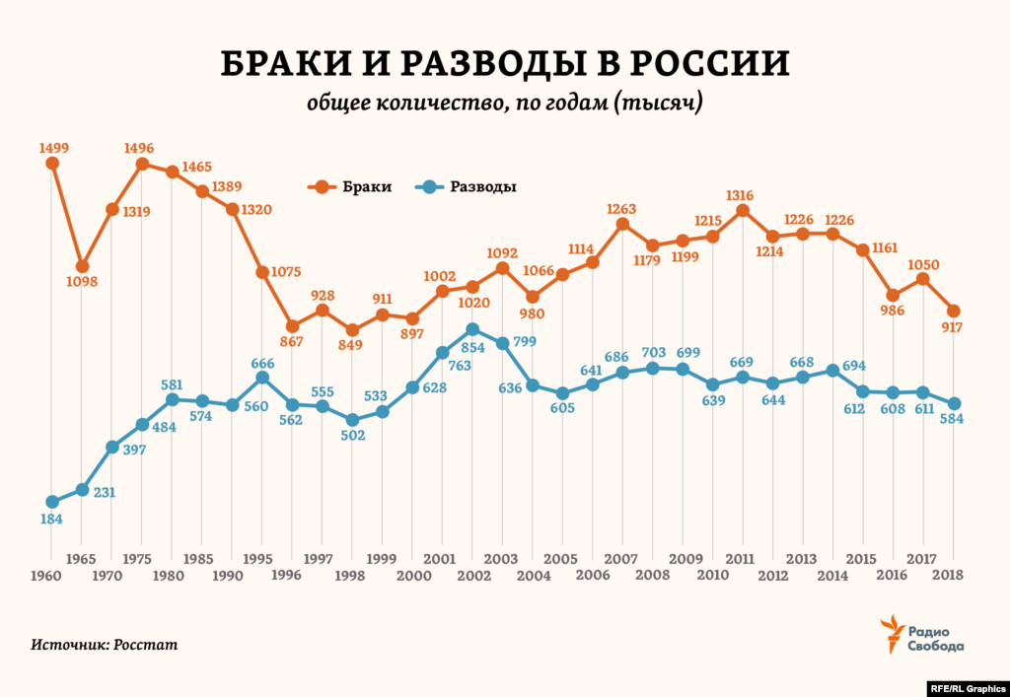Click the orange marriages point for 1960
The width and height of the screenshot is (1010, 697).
[52, 163]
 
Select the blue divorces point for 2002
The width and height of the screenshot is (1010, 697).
[472, 329]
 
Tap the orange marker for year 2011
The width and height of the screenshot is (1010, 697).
[743, 210]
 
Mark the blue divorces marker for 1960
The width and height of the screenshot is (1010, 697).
[52, 502]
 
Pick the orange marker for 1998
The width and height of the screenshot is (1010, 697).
[352, 329]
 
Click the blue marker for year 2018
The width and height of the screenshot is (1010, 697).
[954, 403]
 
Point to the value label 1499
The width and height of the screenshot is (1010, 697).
[54, 148]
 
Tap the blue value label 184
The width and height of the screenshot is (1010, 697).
[53, 519]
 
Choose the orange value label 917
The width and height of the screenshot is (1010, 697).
[951, 328]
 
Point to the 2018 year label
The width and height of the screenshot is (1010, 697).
[949, 574]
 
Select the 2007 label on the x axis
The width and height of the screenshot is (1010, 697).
[622, 558]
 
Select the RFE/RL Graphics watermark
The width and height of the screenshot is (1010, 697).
[966, 687]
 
